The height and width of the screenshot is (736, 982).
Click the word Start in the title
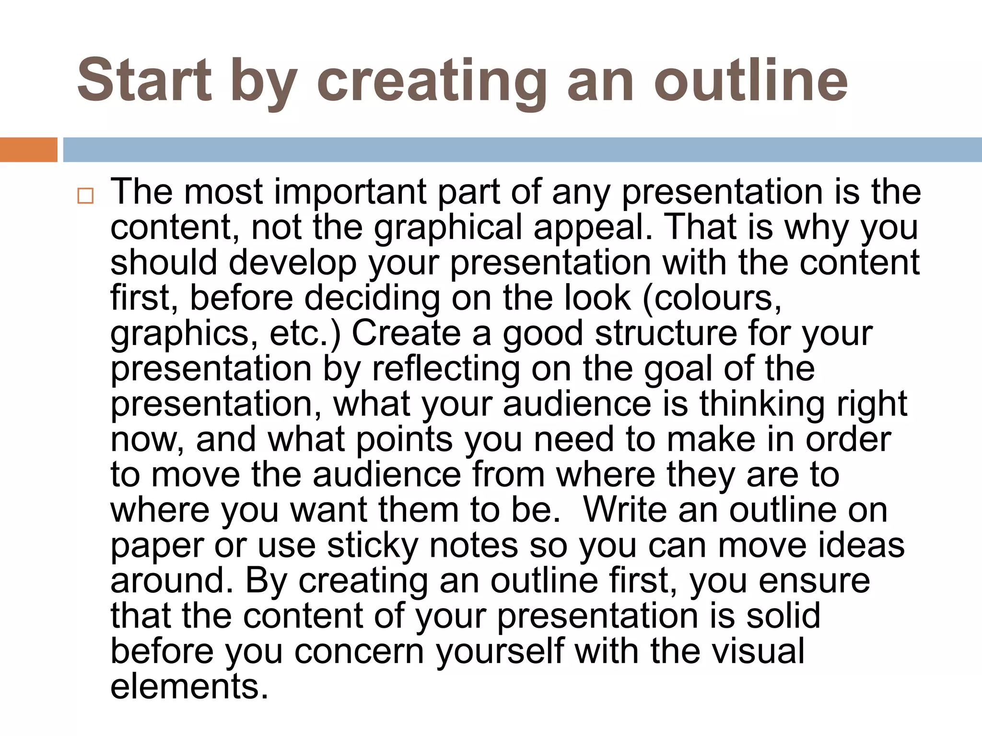(144, 80)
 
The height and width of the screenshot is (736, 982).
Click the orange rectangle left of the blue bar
(28, 149)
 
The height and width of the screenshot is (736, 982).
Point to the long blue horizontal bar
(522, 149)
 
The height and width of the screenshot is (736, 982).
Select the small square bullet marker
(85, 196)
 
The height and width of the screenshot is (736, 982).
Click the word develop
(292, 263)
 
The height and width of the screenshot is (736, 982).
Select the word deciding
(372, 298)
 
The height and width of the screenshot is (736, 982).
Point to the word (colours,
(712, 298)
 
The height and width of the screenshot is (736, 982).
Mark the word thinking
(762, 404)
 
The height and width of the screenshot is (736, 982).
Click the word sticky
(373, 545)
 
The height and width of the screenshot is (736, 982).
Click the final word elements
(189, 686)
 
